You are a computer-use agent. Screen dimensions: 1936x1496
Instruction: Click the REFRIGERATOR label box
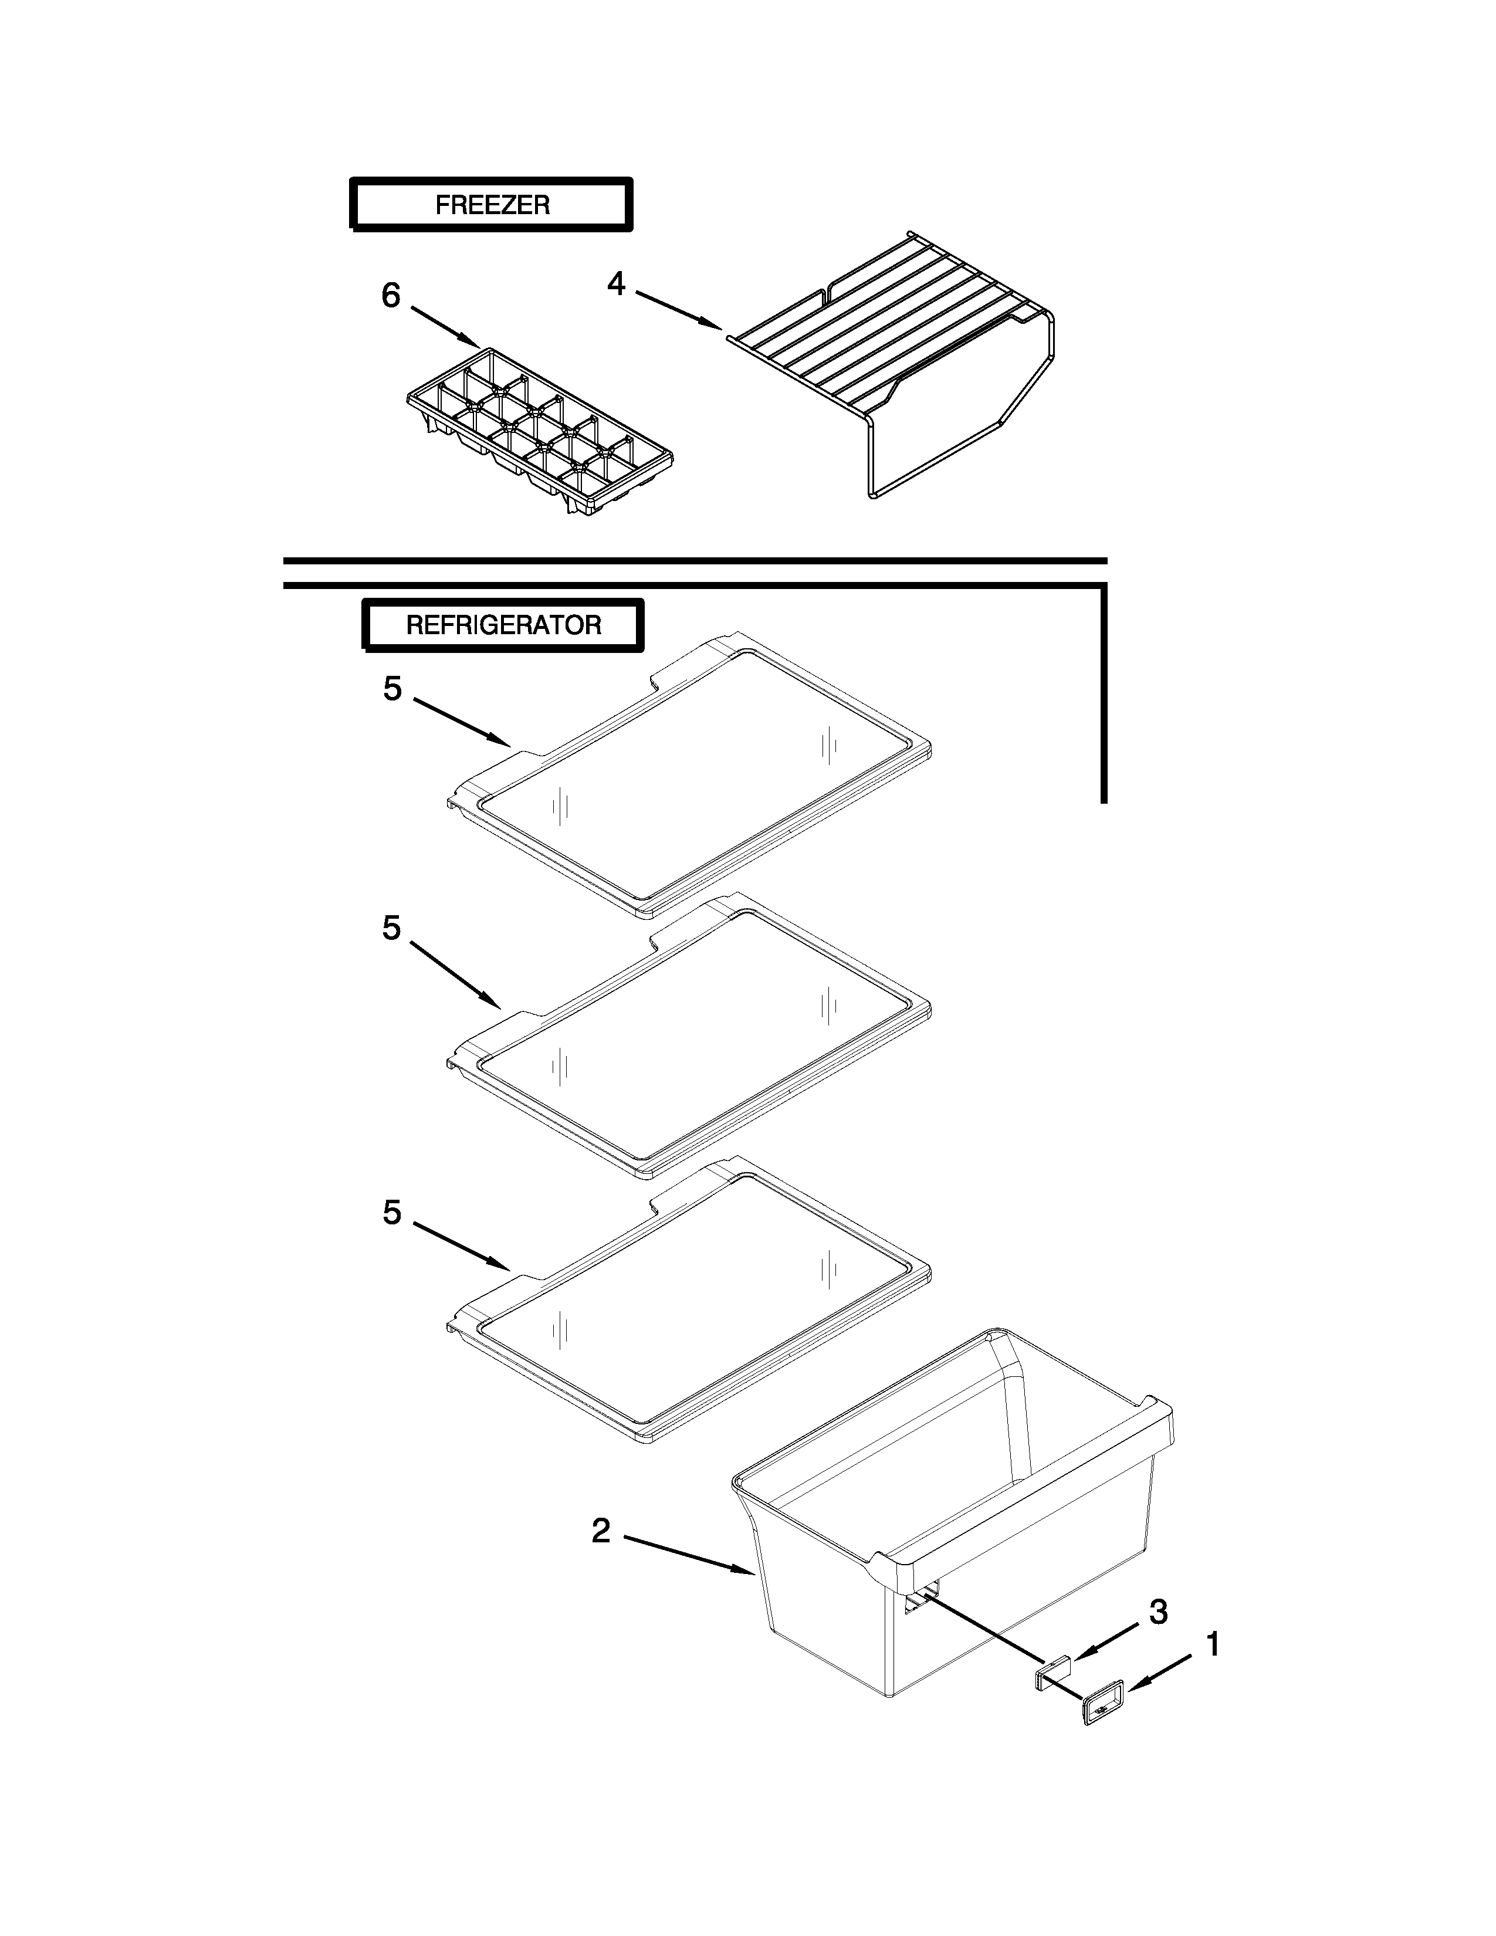coord(503,626)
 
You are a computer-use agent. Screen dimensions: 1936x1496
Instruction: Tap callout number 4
coord(616,284)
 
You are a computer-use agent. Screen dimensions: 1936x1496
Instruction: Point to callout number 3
coord(1157,1612)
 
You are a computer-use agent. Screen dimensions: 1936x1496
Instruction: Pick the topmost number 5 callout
coord(392,689)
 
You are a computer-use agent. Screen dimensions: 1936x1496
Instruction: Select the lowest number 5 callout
coord(392,1213)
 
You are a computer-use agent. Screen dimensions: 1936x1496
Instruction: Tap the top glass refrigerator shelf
coord(691,780)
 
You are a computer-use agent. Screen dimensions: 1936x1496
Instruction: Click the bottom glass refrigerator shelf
coord(691,1303)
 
